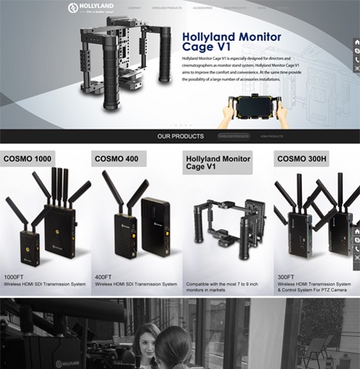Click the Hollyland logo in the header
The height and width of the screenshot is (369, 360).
90,8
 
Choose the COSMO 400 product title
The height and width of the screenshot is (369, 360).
116,159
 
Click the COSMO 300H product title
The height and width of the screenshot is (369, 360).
302,159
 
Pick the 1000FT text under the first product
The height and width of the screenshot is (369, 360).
14,277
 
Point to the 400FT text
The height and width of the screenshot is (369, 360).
103,277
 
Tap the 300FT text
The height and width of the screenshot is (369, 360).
286,277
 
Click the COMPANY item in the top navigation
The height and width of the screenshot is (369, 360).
134,8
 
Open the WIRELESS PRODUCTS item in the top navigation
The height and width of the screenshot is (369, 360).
166,8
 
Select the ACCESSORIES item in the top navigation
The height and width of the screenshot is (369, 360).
202,8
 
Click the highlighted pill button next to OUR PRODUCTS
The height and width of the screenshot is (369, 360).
234,136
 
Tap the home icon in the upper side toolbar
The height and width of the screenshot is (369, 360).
356,43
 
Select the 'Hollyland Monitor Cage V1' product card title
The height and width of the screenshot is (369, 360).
218,164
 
